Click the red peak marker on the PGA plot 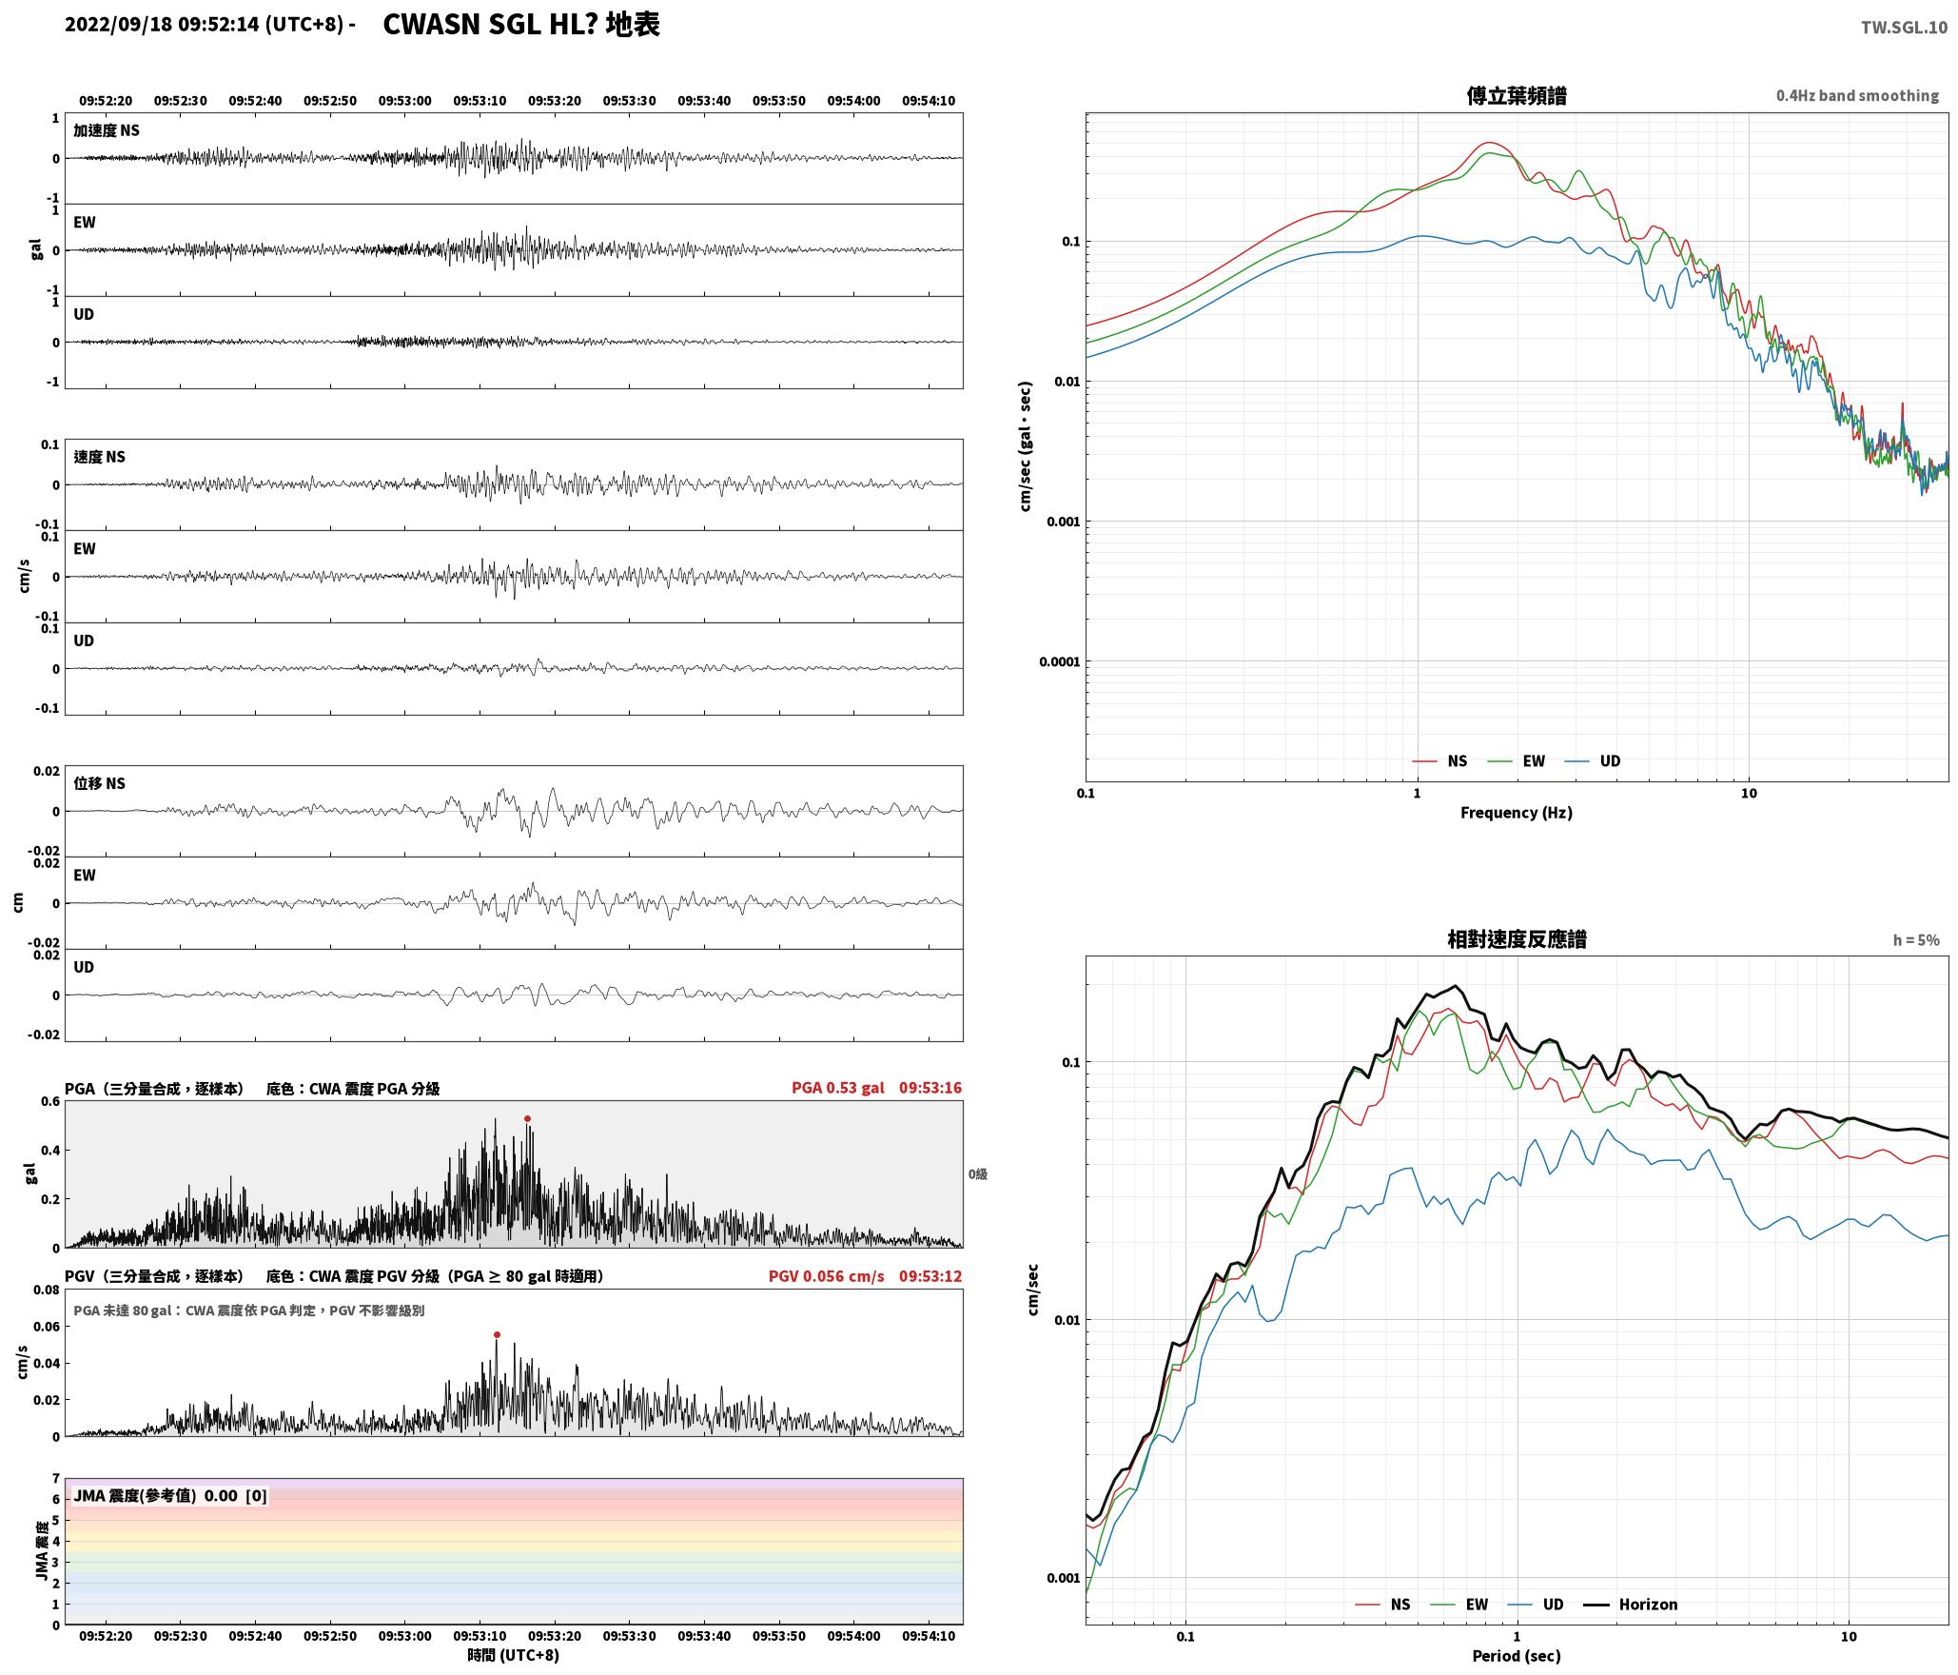point(527,1119)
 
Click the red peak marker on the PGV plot point(497,1335)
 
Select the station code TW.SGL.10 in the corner point(1904,28)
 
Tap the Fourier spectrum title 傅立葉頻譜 point(1517,96)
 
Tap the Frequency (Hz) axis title point(1517,813)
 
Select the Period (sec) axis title point(1517,1656)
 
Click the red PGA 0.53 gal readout point(837,1088)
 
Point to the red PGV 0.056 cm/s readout point(826,1276)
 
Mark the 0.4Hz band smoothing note point(1857,96)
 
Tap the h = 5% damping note point(1916,940)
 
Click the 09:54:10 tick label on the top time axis point(929,101)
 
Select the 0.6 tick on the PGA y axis point(49,1102)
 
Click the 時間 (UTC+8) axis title point(513,1655)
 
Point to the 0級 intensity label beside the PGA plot point(978,1174)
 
